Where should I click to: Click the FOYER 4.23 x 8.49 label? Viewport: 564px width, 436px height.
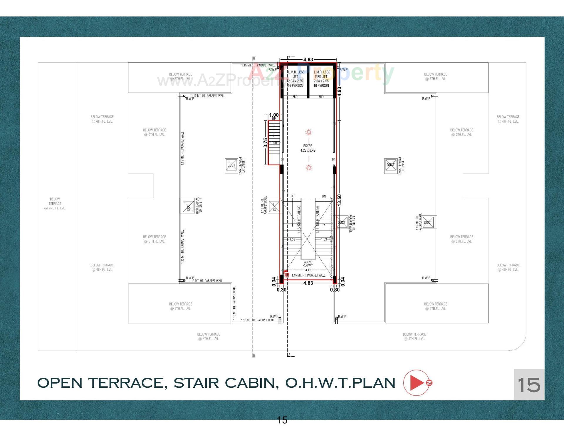[x=308, y=148]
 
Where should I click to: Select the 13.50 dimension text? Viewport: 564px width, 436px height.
[x=340, y=200]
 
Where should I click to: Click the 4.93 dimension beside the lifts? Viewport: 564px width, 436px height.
[x=340, y=91]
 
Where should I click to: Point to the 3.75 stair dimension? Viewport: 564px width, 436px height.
[x=265, y=143]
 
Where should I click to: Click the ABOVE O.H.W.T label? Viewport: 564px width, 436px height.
[x=308, y=264]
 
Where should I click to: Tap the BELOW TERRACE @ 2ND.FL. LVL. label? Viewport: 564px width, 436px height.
[x=55, y=203]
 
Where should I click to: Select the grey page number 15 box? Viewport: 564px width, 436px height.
[x=529, y=385]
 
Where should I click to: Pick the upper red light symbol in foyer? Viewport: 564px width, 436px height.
[x=308, y=132]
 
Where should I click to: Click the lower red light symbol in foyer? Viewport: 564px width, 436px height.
[x=308, y=168]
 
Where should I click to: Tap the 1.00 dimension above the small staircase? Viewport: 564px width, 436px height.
[x=274, y=115]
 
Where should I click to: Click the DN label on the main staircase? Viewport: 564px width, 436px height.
[x=324, y=196]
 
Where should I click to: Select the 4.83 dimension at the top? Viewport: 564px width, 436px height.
[x=308, y=60]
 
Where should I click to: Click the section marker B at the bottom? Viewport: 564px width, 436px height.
[x=254, y=356]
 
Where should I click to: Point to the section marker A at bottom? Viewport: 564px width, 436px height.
[x=289, y=355]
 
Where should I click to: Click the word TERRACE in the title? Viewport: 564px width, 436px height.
[x=125, y=383]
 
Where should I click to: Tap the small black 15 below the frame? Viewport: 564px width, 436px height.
[x=282, y=420]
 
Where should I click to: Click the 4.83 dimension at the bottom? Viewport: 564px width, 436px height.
[x=308, y=283]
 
